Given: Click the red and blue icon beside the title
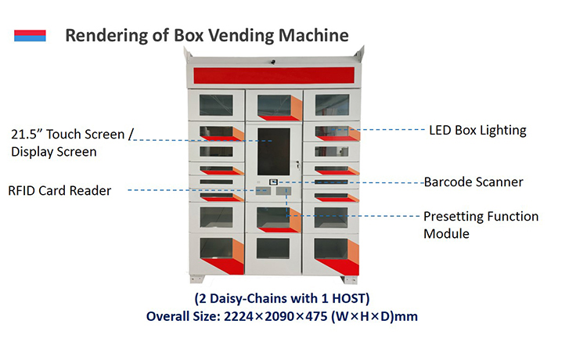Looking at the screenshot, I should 30,35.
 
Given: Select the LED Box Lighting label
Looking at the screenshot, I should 477,130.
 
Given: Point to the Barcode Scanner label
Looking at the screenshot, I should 474,182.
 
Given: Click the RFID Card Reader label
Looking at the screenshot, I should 59,190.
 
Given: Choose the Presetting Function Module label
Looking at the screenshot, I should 481,225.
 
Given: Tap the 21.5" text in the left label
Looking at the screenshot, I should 27,134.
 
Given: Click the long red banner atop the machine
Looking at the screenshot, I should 274,75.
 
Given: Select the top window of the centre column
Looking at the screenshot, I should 274,105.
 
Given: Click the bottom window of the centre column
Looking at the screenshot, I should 274,249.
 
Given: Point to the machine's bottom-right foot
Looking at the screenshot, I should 348,279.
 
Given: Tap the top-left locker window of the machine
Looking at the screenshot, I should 216,105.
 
